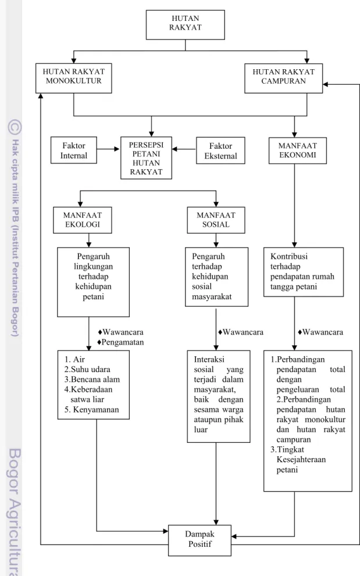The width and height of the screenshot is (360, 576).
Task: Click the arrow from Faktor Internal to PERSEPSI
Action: tap(109, 149)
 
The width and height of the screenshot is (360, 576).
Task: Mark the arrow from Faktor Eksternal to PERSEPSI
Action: tap(184, 149)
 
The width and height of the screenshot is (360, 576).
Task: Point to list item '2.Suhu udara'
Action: tap(87, 370)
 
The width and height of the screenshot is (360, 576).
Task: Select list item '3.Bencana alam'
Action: tap(92, 380)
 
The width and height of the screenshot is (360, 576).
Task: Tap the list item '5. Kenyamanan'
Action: tap(91, 410)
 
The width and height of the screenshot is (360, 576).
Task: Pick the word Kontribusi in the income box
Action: tap(289, 256)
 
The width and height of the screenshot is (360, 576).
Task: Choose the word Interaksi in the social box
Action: tap(209, 359)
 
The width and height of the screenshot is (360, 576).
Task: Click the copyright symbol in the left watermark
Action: tap(15, 127)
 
